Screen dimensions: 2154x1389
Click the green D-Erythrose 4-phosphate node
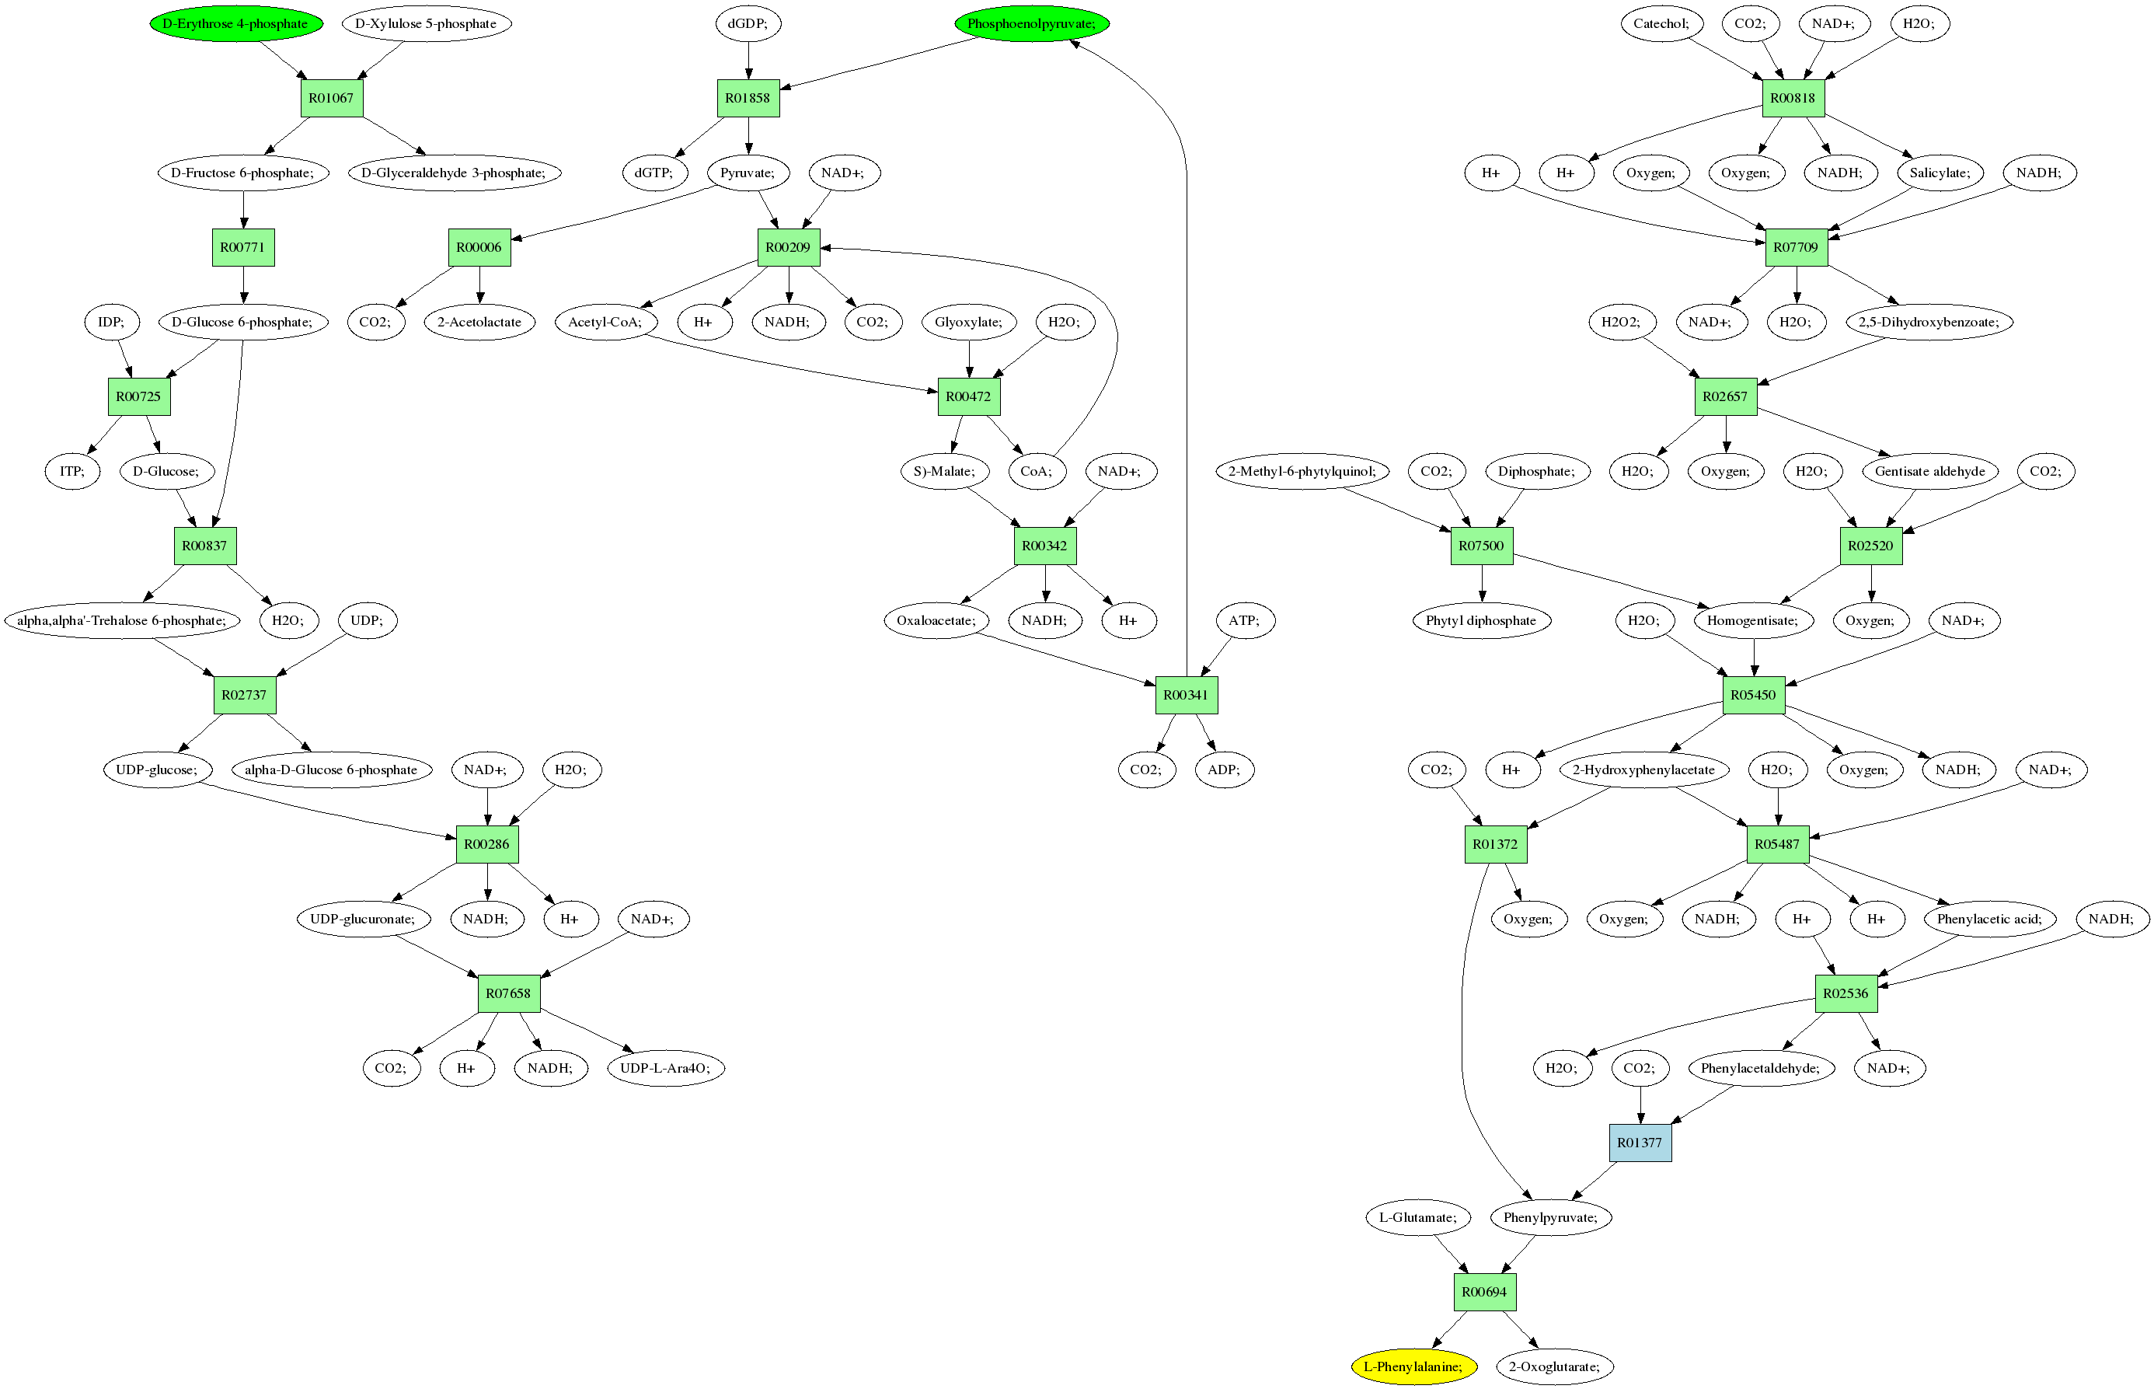[x=236, y=23]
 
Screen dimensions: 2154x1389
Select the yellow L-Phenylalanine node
[x=1413, y=1366]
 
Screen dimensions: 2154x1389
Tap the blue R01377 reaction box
[x=1640, y=1143]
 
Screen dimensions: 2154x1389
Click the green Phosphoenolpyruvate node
[x=1031, y=23]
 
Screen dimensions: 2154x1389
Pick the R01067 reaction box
[x=332, y=97]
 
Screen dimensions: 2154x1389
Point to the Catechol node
[x=1661, y=23]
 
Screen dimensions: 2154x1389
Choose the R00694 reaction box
[x=1485, y=1292]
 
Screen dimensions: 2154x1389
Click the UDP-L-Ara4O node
[x=666, y=1068]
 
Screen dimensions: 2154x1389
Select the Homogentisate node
[x=1754, y=620]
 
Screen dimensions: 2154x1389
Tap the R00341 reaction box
[x=1187, y=695]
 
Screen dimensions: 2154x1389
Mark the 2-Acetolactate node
[x=479, y=322]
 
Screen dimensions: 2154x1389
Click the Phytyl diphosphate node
[x=1481, y=620]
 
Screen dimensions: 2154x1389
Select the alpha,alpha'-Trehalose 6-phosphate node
[x=123, y=620]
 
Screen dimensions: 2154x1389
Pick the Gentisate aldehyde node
[x=1930, y=471]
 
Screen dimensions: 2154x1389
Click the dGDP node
[x=748, y=23]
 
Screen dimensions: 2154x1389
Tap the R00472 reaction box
[x=969, y=396]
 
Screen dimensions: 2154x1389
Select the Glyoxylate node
[x=969, y=322]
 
